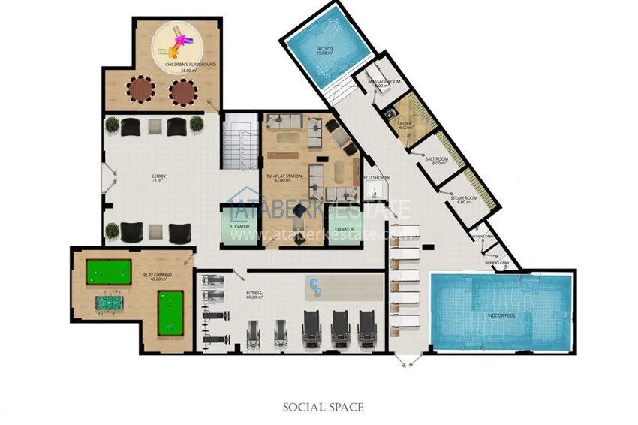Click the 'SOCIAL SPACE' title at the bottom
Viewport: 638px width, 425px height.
[x=323, y=407]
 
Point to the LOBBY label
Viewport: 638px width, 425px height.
[x=158, y=179]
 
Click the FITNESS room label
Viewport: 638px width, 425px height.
[x=254, y=295]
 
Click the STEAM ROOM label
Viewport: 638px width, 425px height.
[x=460, y=199]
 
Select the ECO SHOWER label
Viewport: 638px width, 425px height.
[x=376, y=178]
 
